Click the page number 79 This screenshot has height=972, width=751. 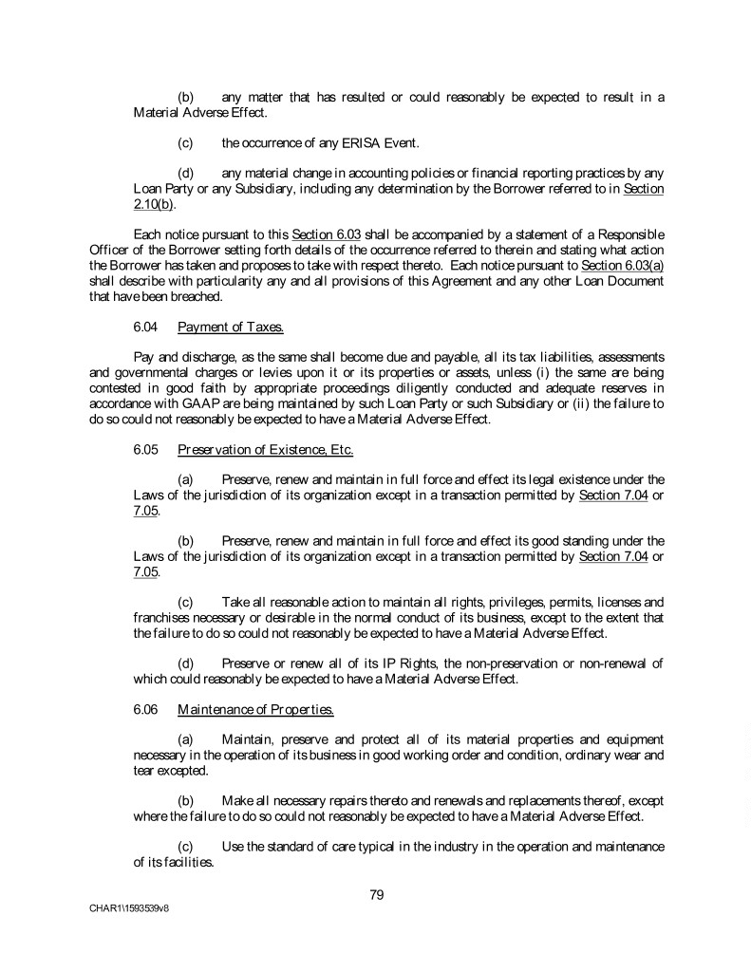376,893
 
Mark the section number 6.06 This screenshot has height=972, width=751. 146,706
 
